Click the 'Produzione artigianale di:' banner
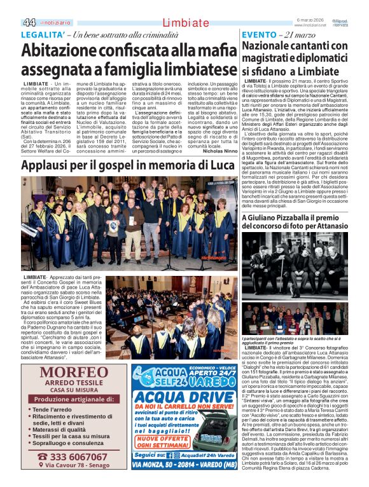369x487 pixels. (64, 399)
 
